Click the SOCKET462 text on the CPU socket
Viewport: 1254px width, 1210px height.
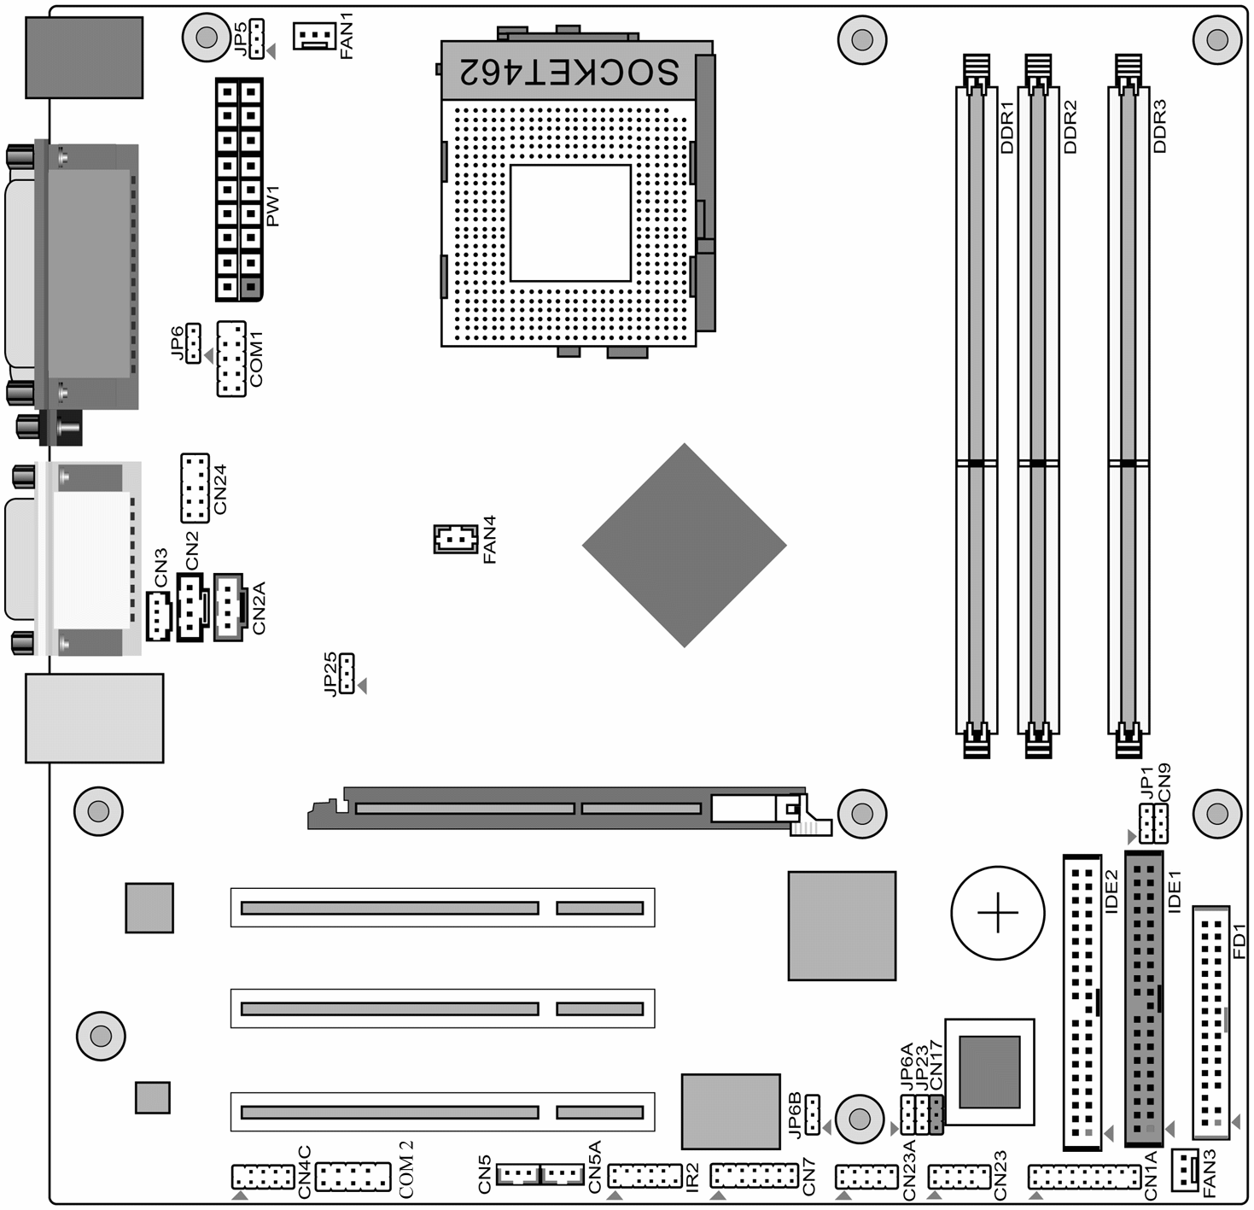(569, 71)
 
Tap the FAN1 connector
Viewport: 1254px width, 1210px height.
(314, 36)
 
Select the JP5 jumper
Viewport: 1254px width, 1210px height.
(257, 38)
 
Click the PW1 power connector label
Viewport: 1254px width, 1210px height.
(272, 206)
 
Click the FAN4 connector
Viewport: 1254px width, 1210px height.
(456, 538)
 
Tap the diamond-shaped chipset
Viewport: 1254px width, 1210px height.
(685, 545)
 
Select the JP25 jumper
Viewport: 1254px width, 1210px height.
(347, 673)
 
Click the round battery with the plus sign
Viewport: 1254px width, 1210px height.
(998, 912)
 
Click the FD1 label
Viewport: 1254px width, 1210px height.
(1239, 940)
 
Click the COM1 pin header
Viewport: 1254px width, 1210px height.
(231, 359)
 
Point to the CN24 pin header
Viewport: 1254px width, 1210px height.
(195, 488)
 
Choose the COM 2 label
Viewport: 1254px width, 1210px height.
(406, 1169)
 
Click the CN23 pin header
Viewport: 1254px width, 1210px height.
(959, 1177)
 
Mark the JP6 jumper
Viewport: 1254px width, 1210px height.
(193, 343)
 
